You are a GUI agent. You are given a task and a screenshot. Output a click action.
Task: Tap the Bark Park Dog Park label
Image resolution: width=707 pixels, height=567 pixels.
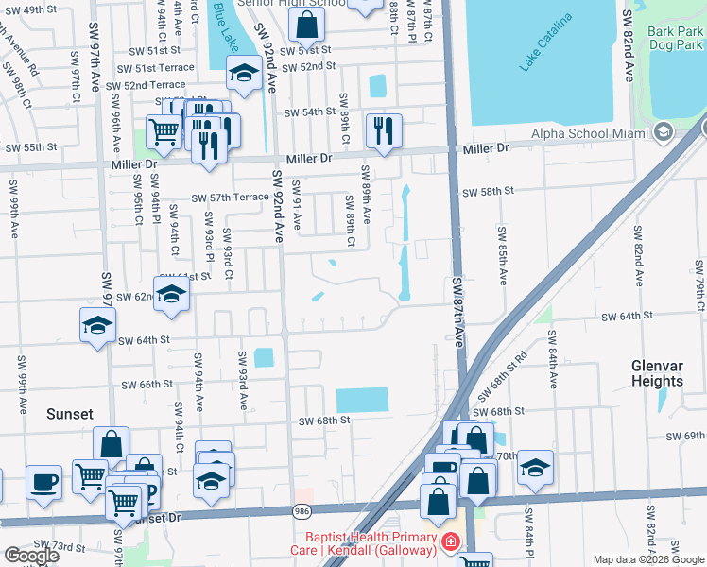[x=675, y=38]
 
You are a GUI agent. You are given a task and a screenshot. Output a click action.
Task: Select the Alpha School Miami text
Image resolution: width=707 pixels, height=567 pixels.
[x=590, y=132]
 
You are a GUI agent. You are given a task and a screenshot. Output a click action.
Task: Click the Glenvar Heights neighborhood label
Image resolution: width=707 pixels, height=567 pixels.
[x=657, y=372]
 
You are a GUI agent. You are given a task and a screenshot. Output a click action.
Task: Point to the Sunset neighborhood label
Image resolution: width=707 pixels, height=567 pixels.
[x=71, y=414]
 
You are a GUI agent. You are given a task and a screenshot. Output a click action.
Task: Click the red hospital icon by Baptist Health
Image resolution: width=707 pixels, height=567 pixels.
[x=449, y=541]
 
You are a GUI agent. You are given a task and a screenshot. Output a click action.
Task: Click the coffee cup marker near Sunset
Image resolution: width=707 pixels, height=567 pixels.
[x=43, y=481]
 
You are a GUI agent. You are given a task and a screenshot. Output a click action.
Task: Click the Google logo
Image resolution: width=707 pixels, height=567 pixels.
[x=31, y=556]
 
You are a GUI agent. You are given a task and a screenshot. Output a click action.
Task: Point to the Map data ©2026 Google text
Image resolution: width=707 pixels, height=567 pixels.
[x=648, y=559]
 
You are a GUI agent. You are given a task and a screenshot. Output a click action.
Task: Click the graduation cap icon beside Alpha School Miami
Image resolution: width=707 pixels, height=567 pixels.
[x=663, y=131]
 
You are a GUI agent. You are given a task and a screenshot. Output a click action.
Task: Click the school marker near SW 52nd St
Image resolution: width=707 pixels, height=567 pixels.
[x=244, y=72]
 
